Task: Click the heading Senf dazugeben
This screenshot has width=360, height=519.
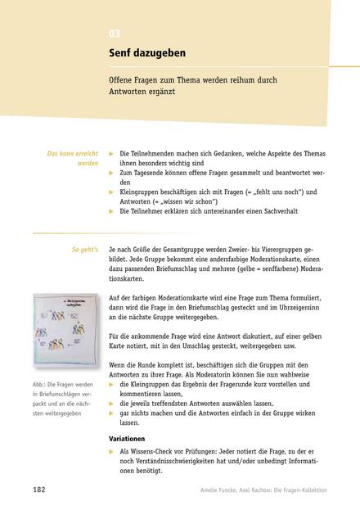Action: click(x=147, y=53)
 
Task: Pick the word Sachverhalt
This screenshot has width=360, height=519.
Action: click(x=277, y=210)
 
